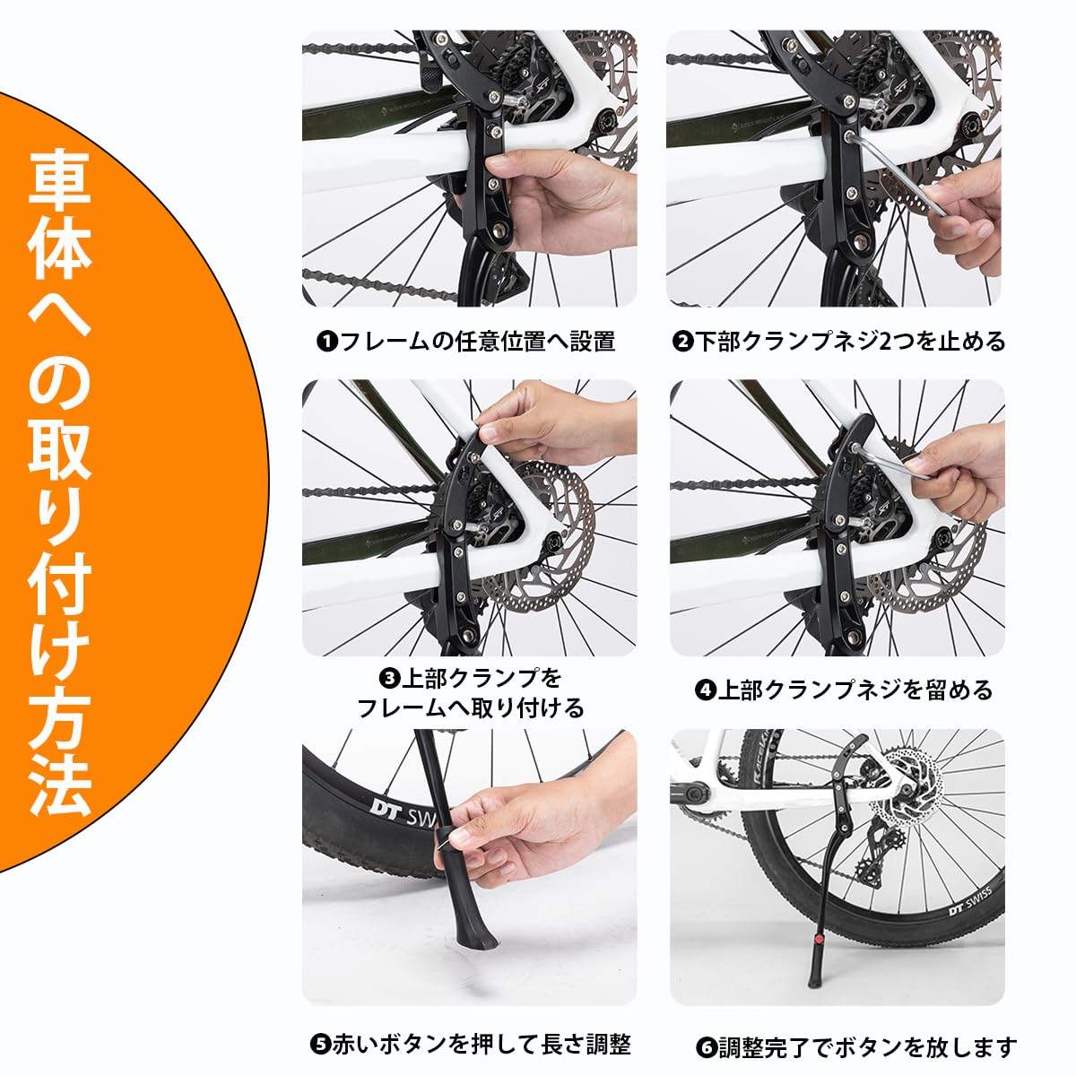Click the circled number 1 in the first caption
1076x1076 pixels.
tap(327, 342)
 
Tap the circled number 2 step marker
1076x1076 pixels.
tap(683, 342)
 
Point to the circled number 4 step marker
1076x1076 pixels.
tap(706, 690)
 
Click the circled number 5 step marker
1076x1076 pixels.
tap(320, 1045)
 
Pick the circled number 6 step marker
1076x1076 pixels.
tap(706, 1047)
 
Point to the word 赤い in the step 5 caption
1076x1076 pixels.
tap(354, 1045)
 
